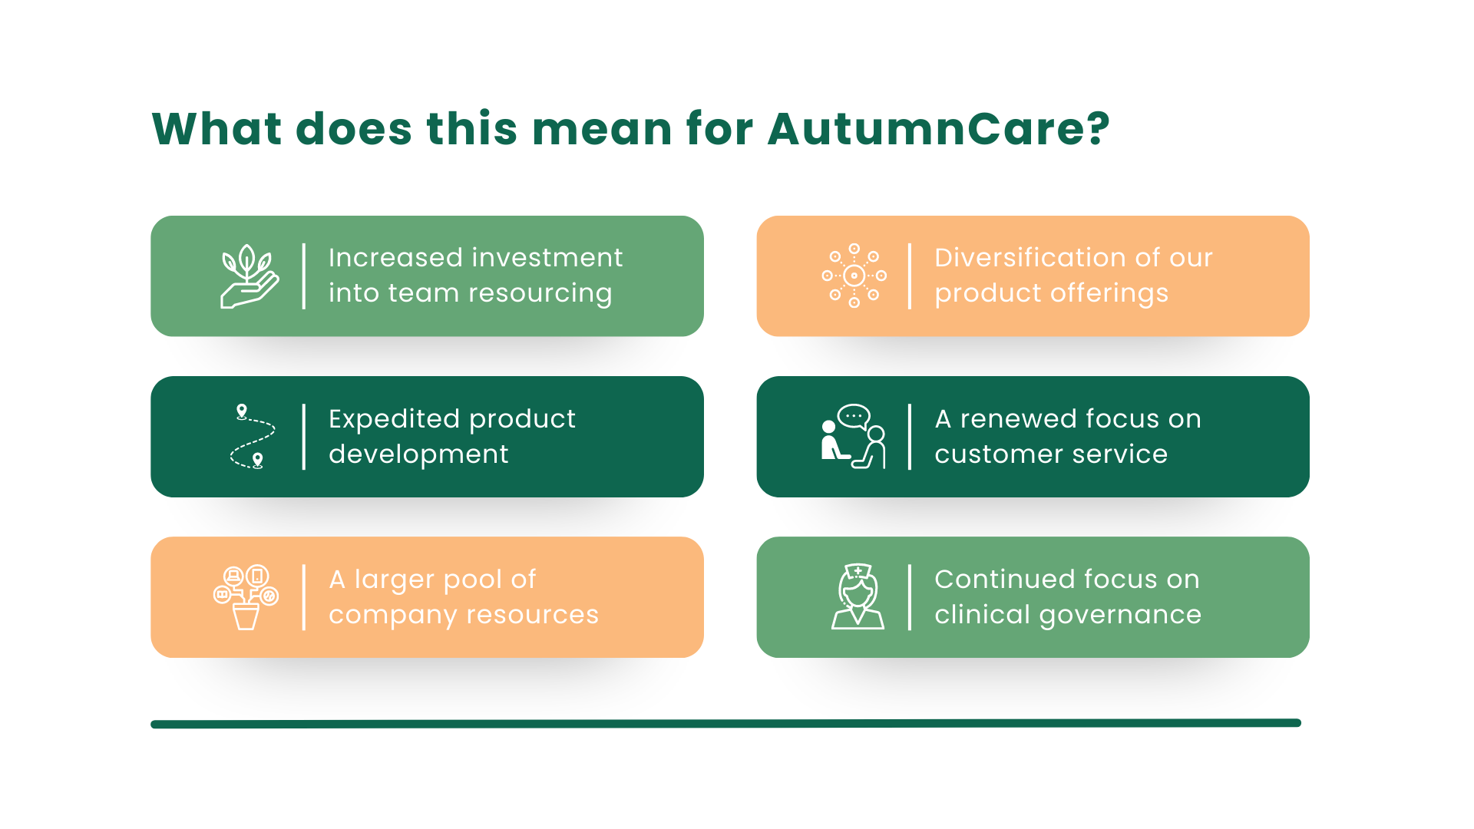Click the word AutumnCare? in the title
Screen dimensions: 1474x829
pos(938,128)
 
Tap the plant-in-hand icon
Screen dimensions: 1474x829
pos(250,276)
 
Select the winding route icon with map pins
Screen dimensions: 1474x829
pos(252,437)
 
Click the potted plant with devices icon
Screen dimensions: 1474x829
pos(246,597)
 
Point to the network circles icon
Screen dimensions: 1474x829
pos(854,276)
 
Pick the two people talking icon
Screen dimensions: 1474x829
pos(854,437)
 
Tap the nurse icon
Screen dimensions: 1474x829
pos(858,597)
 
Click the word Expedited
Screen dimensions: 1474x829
pos(394,419)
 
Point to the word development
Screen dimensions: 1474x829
pos(418,454)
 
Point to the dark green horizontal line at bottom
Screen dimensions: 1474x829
pos(725,723)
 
